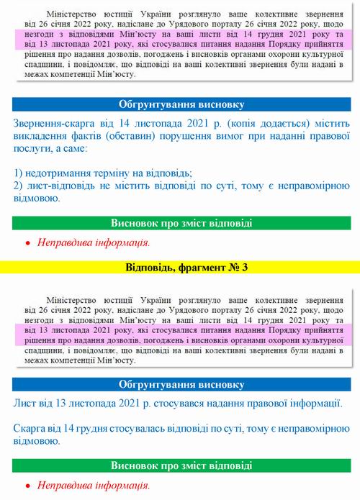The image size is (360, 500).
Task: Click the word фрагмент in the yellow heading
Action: click(x=189, y=268)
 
